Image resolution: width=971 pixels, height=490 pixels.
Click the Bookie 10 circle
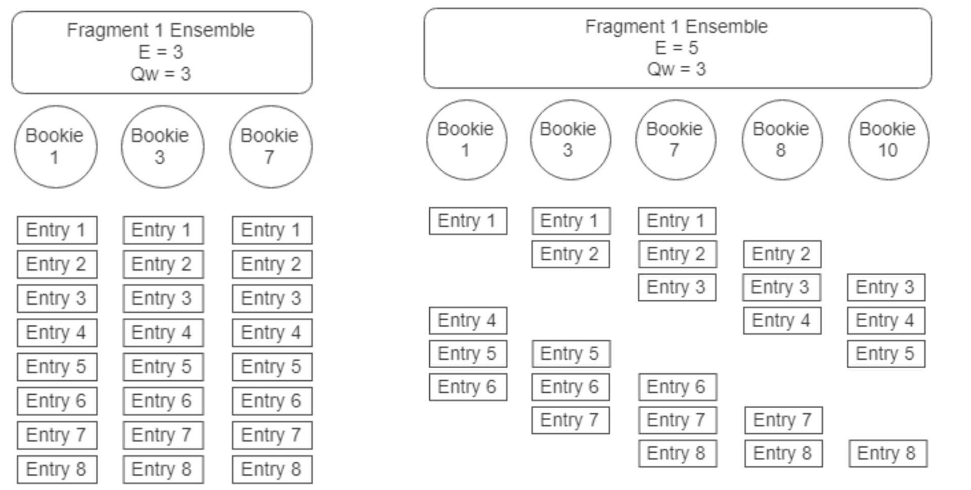click(x=888, y=139)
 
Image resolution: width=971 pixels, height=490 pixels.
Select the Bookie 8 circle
click(x=781, y=139)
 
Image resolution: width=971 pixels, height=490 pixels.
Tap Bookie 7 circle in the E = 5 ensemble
click(x=675, y=139)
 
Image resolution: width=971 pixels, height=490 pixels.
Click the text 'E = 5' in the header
click(x=676, y=48)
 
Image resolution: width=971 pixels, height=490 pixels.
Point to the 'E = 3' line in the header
click(x=161, y=52)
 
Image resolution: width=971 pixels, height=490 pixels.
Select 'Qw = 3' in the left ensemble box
click(x=161, y=74)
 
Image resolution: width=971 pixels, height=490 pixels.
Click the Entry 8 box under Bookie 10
click(x=887, y=453)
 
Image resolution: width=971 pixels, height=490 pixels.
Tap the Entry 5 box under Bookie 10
click(x=886, y=354)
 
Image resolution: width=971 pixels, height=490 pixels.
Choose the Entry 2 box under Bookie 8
click(x=781, y=254)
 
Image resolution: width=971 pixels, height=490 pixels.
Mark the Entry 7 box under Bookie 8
click(x=783, y=420)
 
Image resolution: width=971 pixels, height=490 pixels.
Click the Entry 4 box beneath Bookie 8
click(x=781, y=320)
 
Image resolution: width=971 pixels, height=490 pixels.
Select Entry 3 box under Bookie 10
click(x=886, y=287)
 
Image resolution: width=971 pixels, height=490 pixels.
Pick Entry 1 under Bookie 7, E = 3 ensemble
click(x=272, y=230)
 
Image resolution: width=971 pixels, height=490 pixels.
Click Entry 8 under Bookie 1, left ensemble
click(x=57, y=469)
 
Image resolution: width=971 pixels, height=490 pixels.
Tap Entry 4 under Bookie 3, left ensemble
click(x=162, y=332)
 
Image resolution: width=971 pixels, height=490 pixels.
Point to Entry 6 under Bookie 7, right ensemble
click(x=677, y=387)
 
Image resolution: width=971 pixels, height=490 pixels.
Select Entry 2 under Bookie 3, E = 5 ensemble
click(x=570, y=254)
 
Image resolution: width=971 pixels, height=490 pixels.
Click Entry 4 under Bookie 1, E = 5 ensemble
click(x=467, y=320)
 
